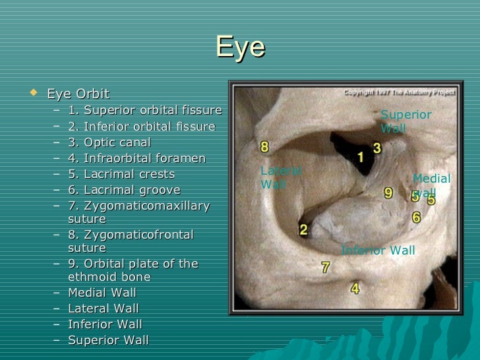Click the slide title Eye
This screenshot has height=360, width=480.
pos(240,47)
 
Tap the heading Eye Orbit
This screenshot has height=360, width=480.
pos(78,94)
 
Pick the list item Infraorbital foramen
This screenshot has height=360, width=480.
pos(136,158)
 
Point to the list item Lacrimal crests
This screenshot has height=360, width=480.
pos(121,175)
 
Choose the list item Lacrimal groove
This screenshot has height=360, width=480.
pos(123,191)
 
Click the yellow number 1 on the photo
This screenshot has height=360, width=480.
pos(361,156)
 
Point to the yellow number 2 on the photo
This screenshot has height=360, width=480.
pos(303,230)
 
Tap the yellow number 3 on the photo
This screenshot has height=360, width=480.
pos(377,148)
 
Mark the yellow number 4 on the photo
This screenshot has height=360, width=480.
pos(355,288)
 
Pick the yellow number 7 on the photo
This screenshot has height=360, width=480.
pos(325,268)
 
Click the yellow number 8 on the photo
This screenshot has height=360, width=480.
pos(264,146)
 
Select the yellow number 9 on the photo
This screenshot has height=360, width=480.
pos(388,193)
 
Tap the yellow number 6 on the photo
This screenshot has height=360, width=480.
pos(416,217)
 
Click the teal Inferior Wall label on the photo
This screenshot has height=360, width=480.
pos(378,251)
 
